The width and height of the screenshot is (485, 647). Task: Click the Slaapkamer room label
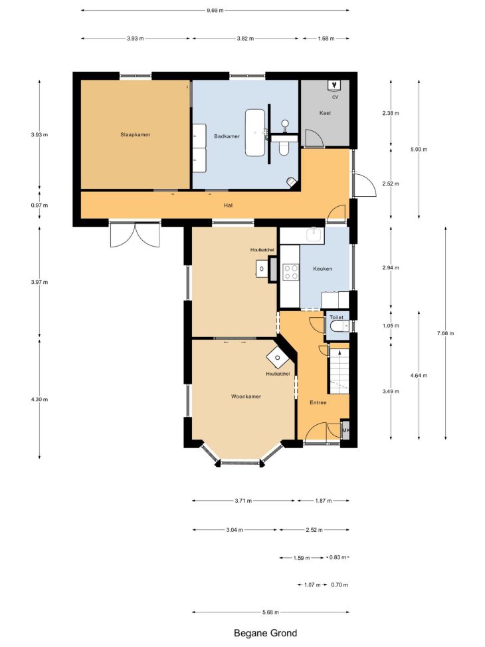point(136,134)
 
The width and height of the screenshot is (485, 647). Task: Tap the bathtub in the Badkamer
point(255,132)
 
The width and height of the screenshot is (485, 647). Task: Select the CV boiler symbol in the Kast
point(334,84)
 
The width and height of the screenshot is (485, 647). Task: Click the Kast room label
point(325,112)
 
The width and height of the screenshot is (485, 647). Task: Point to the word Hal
point(228,205)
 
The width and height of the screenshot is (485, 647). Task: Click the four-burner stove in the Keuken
point(290,273)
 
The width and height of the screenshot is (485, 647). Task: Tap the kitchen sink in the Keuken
point(314,234)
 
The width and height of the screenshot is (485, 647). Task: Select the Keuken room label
point(322,269)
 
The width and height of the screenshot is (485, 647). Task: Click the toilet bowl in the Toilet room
point(338,326)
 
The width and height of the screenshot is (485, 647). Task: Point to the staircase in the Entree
point(339,370)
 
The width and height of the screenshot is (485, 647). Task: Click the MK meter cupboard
point(345,430)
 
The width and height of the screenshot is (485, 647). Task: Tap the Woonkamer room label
point(246,396)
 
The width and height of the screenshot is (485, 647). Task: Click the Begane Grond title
point(265,633)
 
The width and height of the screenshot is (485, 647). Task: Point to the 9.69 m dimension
point(215,11)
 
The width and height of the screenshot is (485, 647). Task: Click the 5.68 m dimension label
point(270,612)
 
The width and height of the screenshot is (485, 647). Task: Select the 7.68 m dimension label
point(445,333)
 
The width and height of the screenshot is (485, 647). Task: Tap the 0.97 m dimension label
point(39,205)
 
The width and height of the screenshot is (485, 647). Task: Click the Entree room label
point(318,402)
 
